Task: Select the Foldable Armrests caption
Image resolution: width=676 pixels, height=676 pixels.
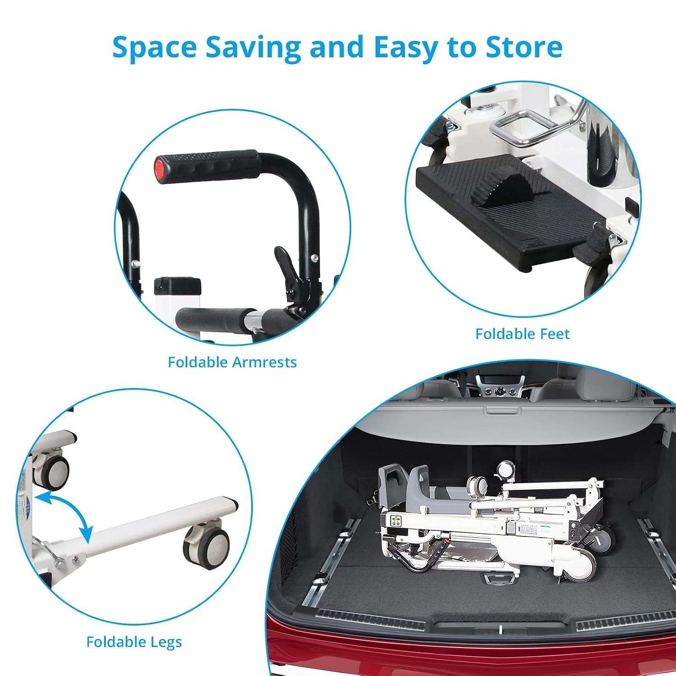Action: click(x=232, y=362)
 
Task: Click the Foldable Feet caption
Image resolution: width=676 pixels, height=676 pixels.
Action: click(x=522, y=334)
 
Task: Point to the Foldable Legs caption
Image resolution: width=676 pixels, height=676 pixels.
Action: click(x=134, y=642)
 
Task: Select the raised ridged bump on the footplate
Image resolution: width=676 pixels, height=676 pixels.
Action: click(x=495, y=190)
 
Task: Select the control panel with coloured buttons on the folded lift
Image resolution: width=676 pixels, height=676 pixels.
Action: click(x=397, y=521)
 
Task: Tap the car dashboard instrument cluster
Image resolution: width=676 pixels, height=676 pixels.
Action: click(x=498, y=390)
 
